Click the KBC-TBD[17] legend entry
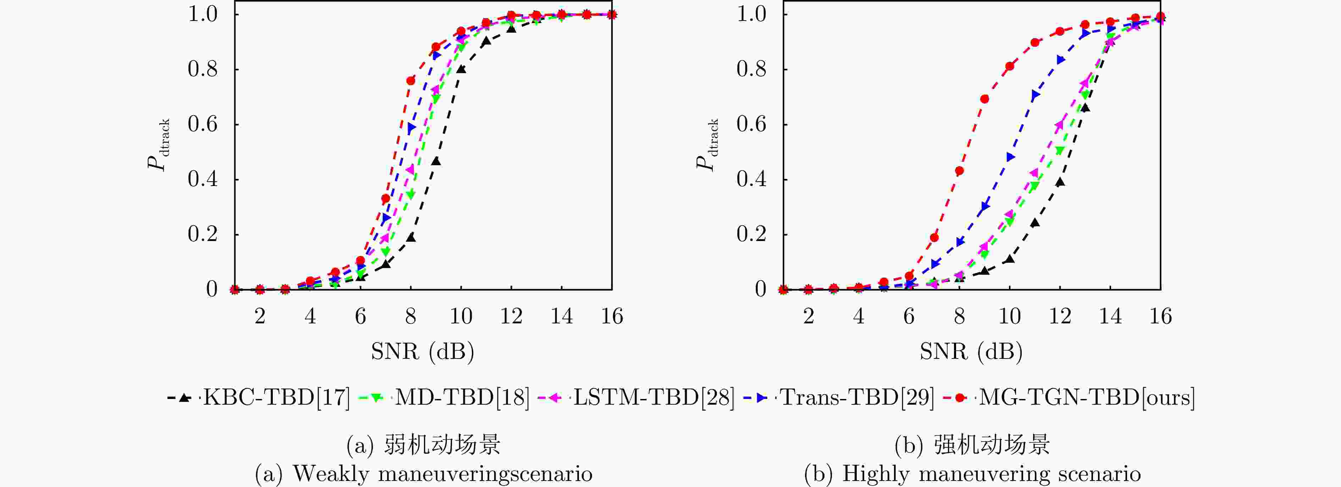pyautogui.click(x=259, y=398)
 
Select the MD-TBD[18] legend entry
pyautogui.click(x=444, y=398)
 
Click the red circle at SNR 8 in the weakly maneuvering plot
pyautogui.click(x=411, y=81)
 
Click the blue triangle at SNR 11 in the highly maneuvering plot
pyautogui.click(x=1035, y=95)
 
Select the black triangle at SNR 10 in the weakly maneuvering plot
pyautogui.click(x=461, y=69)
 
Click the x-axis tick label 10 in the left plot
pyautogui.click(x=461, y=317)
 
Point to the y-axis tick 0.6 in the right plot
pyautogui.click(x=751, y=125)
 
